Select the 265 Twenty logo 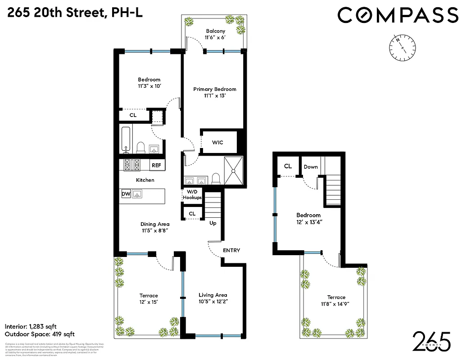(x=432, y=342)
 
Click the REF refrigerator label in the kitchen (x=156, y=166)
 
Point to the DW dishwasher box (x=126, y=194)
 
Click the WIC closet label (x=217, y=143)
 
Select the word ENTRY (x=231, y=251)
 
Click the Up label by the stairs (x=213, y=223)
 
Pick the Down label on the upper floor (x=311, y=167)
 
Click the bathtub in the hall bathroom (x=126, y=140)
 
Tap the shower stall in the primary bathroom (x=233, y=171)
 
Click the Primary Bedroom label (x=215, y=89)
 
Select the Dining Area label (x=154, y=224)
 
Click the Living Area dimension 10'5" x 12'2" (x=213, y=302)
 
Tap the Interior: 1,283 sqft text (x=31, y=326)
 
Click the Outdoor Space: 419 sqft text (x=39, y=334)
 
